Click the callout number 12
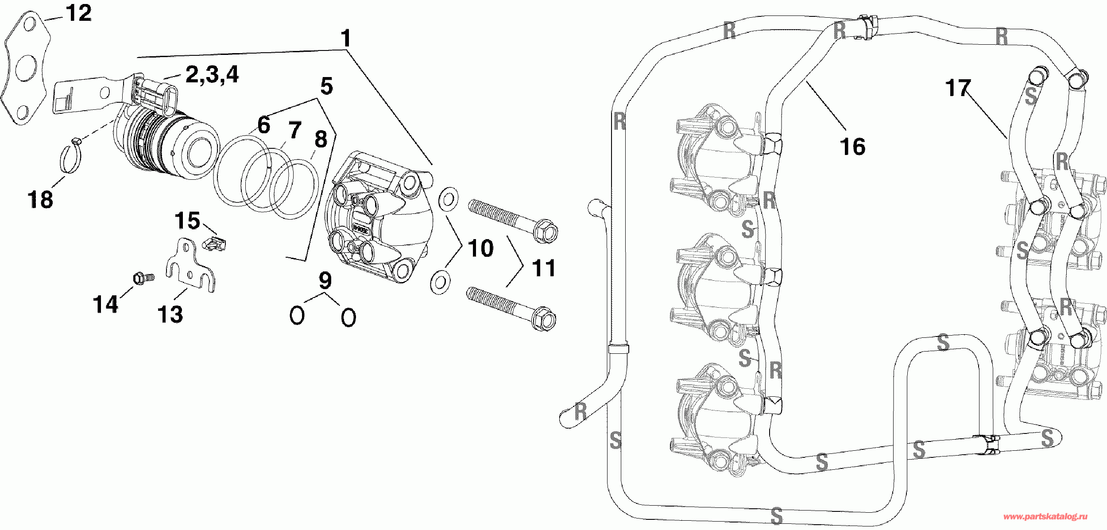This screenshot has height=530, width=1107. coord(79,13)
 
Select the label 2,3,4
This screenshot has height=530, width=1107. coord(212,74)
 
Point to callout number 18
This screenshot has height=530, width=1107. coord(40,199)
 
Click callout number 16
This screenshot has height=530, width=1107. coord(852,147)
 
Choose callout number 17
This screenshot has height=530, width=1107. coord(958,88)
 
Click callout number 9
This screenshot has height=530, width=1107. coord(325,280)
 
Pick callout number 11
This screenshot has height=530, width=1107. coord(543,268)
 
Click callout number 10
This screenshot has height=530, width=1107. coord(480,248)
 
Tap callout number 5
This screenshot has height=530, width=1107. coord(326,86)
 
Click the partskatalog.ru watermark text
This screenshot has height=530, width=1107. coord(1045,517)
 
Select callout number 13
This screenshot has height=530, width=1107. coord(170,314)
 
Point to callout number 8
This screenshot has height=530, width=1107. coord(321,140)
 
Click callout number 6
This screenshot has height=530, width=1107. coord(263,125)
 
